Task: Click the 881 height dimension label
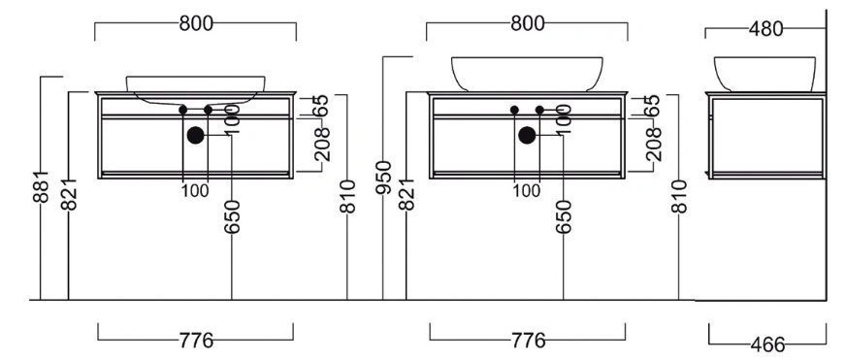[x=41, y=186]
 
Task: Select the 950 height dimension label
[x=383, y=178]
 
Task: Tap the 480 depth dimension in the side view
[x=765, y=29]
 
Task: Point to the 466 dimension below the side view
[x=767, y=344]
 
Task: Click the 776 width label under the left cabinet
[x=196, y=341]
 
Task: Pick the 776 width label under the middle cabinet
[x=528, y=341]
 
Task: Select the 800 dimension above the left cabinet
[x=196, y=23]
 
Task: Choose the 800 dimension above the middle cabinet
[x=528, y=23]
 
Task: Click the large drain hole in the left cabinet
[x=196, y=136]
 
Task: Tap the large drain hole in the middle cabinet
[x=527, y=136]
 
